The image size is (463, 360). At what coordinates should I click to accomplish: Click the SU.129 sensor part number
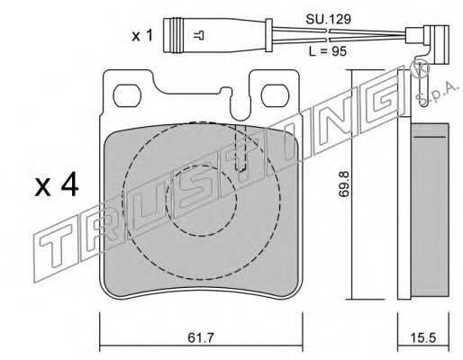click(328, 20)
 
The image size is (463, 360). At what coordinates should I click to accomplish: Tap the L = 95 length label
click(328, 51)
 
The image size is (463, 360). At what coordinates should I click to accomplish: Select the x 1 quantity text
click(142, 36)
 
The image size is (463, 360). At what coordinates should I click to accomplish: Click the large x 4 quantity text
click(57, 186)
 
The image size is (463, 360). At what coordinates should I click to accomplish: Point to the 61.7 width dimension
click(200, 337)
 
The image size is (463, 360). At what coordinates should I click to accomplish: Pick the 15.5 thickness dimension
click(423, 338)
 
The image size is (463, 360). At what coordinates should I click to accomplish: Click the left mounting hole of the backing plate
click(127, 95)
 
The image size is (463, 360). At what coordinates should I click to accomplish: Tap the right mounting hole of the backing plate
click(276, 95)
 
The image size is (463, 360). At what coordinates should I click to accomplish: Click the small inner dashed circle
click(201, 200)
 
